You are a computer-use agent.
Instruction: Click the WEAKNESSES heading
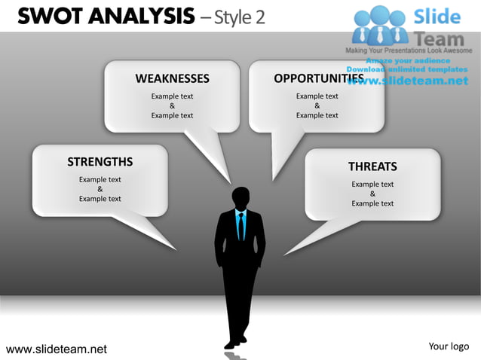tap(172, 78)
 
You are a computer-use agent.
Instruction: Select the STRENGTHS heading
tap(100, 161)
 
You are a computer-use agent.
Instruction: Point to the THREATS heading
tap(372, 166)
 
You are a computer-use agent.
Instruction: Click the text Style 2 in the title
tap(240, 16)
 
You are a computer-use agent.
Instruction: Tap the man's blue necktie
tap(240, 225)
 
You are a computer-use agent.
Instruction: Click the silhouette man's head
tap(241, 198)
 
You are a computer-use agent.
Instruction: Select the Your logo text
tap(449, 346)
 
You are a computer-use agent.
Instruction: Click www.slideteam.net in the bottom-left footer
tap(57, 349)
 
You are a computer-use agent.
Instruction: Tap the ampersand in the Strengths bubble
tap(100, 189)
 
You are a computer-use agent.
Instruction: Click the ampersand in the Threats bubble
tap(372, 194)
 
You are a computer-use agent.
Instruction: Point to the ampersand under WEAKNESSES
tap(172, 106)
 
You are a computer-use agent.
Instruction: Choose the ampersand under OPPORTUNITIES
tap(317, 106)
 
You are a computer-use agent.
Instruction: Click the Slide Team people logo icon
tap(380, 24)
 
